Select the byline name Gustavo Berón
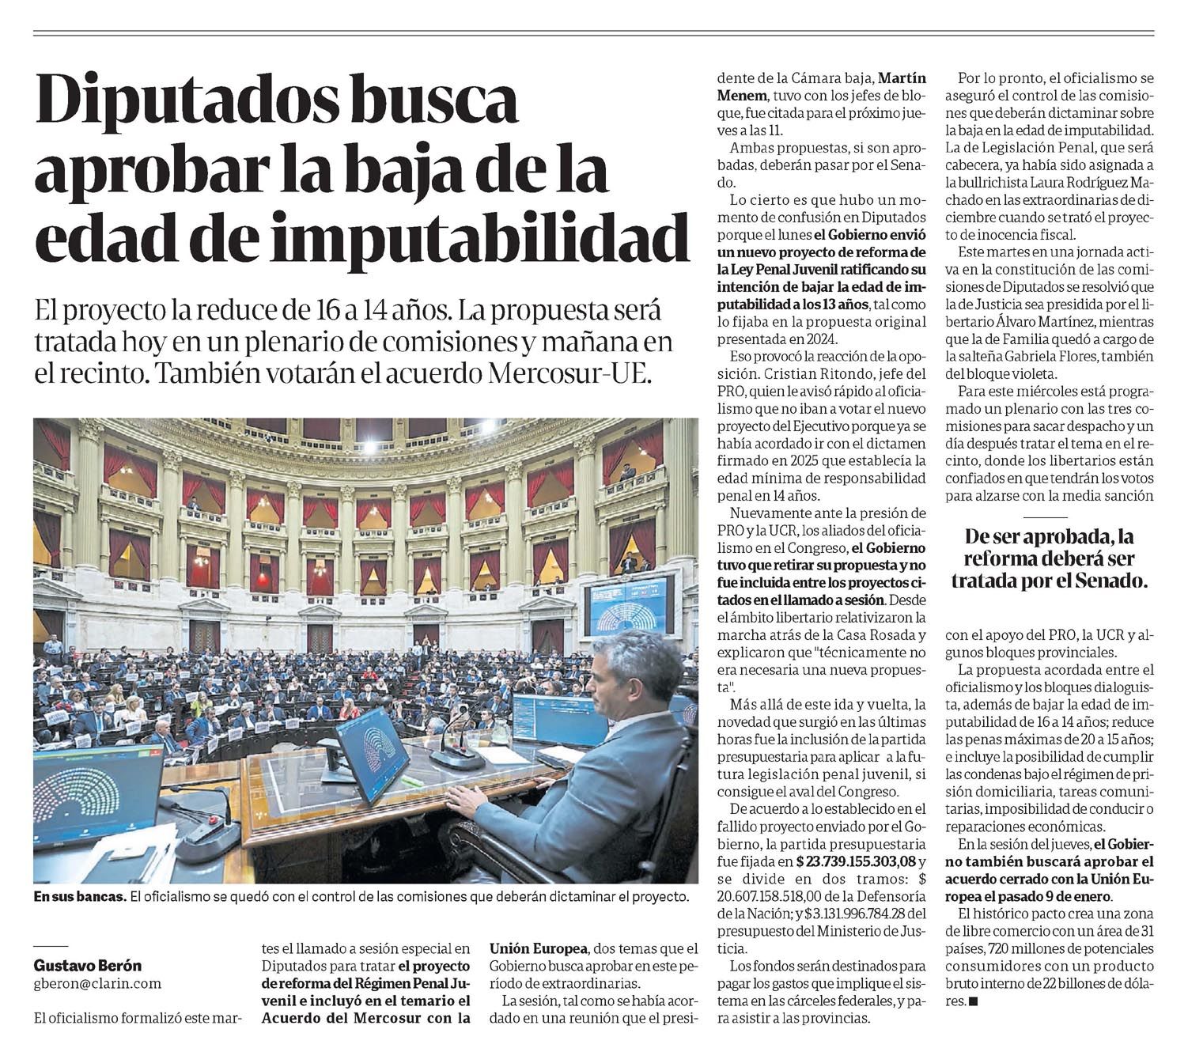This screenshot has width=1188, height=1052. coord(88,966)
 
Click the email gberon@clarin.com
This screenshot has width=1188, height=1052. coord(97,984)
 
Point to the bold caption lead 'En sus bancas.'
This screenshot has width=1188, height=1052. coord(79,897)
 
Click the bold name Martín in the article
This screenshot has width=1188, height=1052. coord(902,78)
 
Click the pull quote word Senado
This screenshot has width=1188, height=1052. coord(1108,581)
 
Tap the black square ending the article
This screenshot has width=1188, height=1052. coord(973,1001)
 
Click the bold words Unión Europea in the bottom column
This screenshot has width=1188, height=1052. coord(538,948)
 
